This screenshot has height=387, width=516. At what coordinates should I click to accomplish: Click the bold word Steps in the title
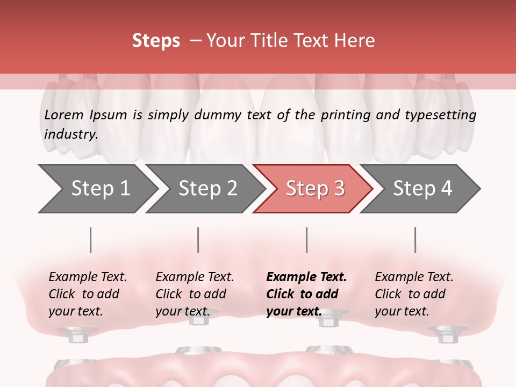(x=156, y=40)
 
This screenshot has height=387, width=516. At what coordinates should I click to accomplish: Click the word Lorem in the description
(x=63, y=114)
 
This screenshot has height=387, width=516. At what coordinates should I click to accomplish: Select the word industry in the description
(x=70, y=134)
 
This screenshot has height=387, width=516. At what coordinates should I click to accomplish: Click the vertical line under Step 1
(x=91, y=240)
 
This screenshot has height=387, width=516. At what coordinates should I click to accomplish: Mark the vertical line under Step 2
(x=198, y=240)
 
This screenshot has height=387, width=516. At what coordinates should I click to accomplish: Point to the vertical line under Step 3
(x=307, y=240)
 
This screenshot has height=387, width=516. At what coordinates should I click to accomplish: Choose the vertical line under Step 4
(x=415, y=240)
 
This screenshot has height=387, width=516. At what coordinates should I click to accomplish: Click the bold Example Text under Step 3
(x=306, y=277)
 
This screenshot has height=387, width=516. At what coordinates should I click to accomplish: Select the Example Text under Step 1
(x=88, y=277)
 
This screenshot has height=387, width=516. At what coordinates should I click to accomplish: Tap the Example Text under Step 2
(x=195, y=277)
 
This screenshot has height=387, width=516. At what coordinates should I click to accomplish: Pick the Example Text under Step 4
(x=414, y=277)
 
